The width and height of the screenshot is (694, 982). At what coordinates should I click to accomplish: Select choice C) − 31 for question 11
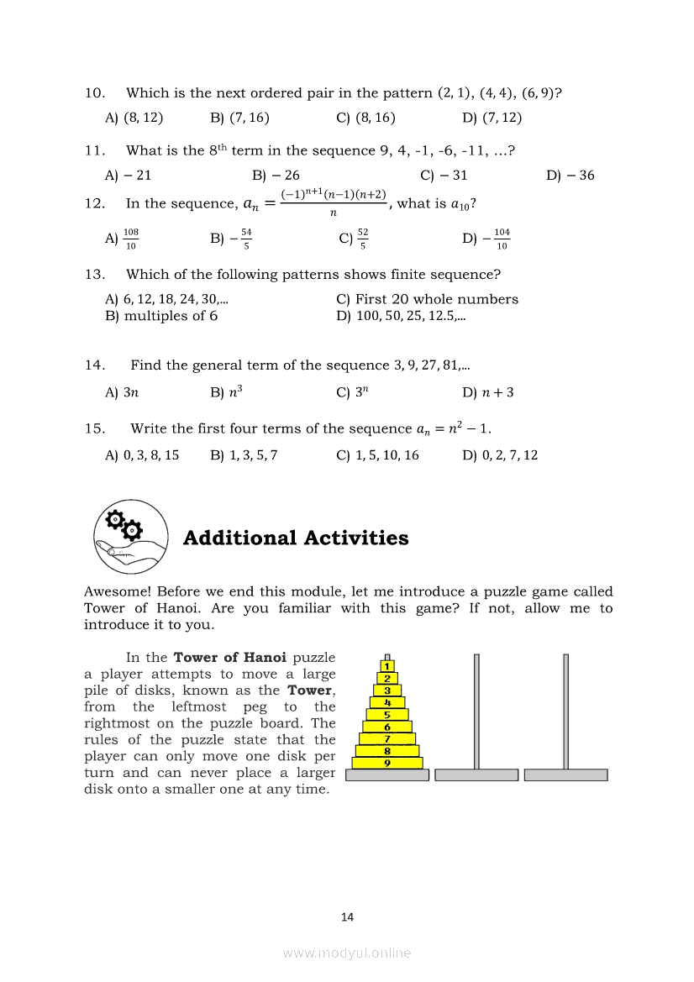click(444, 176)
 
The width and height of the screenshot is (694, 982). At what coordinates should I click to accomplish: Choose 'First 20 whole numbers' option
click(427, 299)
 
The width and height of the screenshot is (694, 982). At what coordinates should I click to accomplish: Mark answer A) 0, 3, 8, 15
click(142, 455)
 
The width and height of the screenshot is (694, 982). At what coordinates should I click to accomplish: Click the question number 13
click(94, 274)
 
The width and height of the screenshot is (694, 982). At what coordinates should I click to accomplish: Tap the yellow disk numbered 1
click(387, 666)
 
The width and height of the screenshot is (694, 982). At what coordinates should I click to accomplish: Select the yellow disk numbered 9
click(387, 763)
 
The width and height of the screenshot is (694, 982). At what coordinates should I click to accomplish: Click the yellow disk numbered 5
click(387, 715)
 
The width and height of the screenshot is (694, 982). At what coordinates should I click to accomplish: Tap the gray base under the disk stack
click(387, 775)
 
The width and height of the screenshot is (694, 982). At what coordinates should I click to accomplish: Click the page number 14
click(348, 917)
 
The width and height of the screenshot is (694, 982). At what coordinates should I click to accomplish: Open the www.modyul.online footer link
click(347, 953)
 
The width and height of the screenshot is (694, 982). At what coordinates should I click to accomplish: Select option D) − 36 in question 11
click(570, 176)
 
